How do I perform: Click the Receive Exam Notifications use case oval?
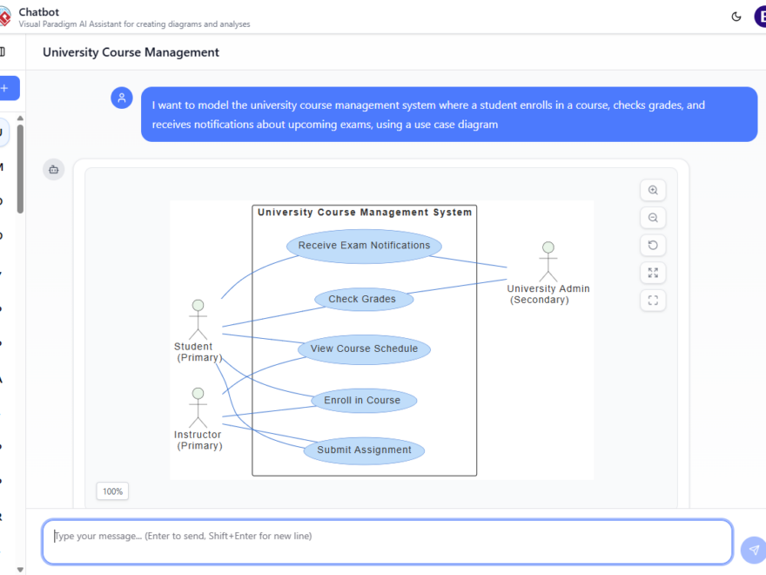click(x=364, y=246)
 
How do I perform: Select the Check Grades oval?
click(x=363, y=300)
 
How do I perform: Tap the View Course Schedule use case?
click(x=364, y=349)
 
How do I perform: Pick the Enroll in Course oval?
click(x=363, y=401)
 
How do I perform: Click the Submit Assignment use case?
click(x=364, y=450)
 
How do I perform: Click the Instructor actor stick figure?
click(x=198, y=408)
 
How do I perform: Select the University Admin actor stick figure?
click(x=548, y=261)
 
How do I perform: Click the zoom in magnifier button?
click(x=653, y=190)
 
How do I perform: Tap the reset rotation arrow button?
click(x=653, y=245)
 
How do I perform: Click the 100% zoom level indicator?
click(x=112, y=491)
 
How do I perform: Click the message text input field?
click(x=387, y=542)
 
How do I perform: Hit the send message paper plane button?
click(x=753, y=550)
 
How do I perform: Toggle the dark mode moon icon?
click(x=736, y=16)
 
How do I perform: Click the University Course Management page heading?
click(x=131, y=52)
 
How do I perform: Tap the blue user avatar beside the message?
click(x=122, y=98)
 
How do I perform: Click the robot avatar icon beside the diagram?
click(x=54, y=169)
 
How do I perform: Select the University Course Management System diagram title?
click(x=365, y=212)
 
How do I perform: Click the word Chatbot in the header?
click(x=39, y=12)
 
